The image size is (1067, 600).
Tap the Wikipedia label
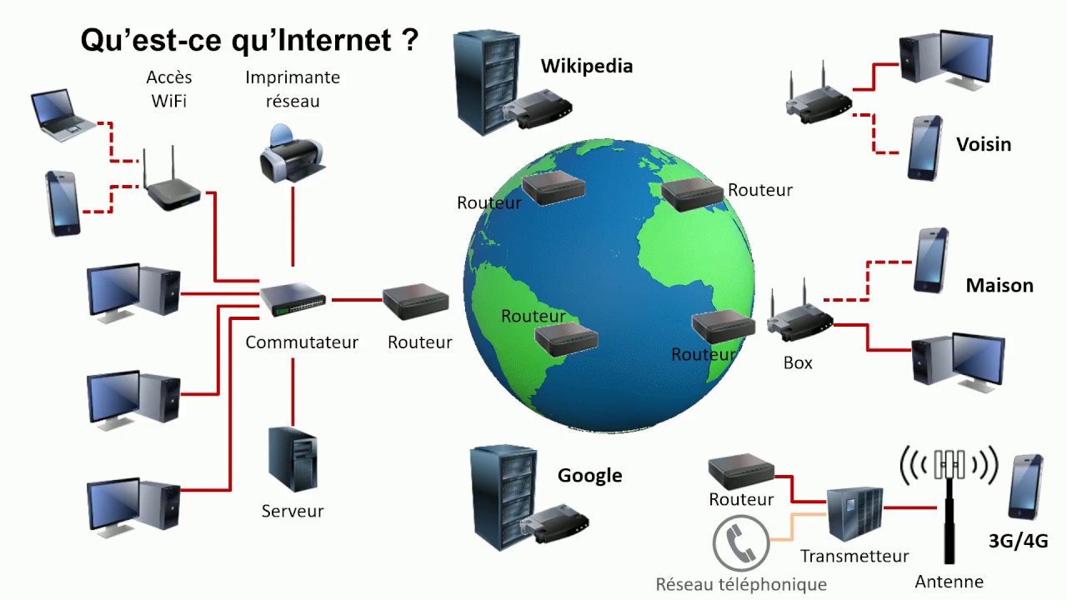pos(586,66)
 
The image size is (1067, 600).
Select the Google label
pos(589,476)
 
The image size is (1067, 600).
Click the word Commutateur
pos(302,342)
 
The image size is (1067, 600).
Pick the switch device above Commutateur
pos(293,298)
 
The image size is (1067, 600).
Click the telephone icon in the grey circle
pos(740,544)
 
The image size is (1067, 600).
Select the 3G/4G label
pos(1018,541)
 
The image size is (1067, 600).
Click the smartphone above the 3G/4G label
pos(1024,487)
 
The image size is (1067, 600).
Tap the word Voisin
pos(984,144)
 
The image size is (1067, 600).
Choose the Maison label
pos(999,285)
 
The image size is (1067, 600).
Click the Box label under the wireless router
pos(798,363)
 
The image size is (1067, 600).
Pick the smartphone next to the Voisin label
pos(924,147)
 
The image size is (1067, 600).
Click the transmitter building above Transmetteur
pos(854,514)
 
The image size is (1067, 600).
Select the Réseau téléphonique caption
pos(741,584)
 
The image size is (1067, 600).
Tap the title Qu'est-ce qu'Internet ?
pos(248,39)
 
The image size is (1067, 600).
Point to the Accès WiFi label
pos(169,89)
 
